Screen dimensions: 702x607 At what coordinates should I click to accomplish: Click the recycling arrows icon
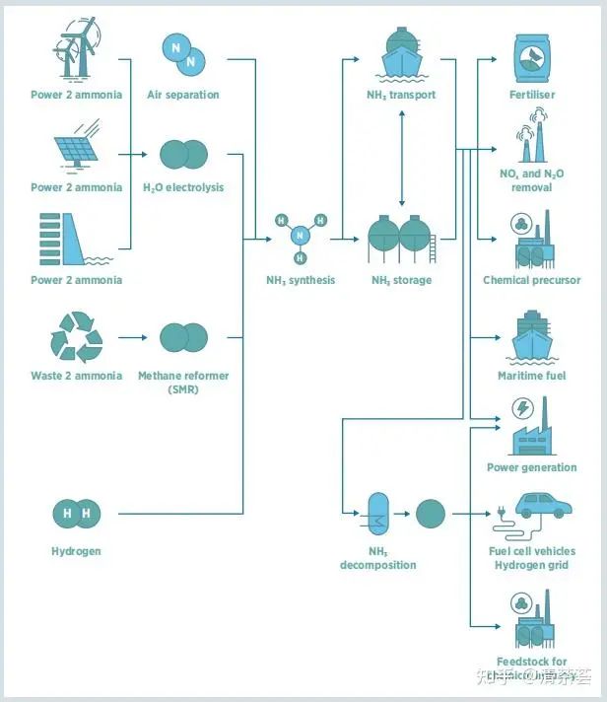pyautogui.click(x=76, y=337)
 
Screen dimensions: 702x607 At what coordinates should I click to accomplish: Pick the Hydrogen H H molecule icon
pyautogui.click(x=76, y=514)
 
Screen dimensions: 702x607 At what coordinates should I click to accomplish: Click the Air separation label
pyautogui.click(x=182, y=95)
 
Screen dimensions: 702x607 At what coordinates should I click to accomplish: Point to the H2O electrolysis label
pyautogui.click(x=183, y=187)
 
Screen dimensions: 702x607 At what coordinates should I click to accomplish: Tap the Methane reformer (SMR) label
pyautogui.click(x=183, y=383)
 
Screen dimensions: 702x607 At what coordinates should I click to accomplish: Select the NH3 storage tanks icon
pyautogui.click(x=401, y=241)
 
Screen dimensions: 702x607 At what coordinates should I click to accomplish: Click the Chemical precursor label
pyautogui.click(x=531, y=280)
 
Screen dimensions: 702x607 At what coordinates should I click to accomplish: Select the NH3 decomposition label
pyautogui.click(x=378, y=559)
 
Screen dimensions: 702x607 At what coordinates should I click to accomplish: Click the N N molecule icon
pyautogui.click(x=182, y=53)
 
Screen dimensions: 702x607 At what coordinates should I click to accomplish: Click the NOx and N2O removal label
pyautogui.click(x=532, y=180)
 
